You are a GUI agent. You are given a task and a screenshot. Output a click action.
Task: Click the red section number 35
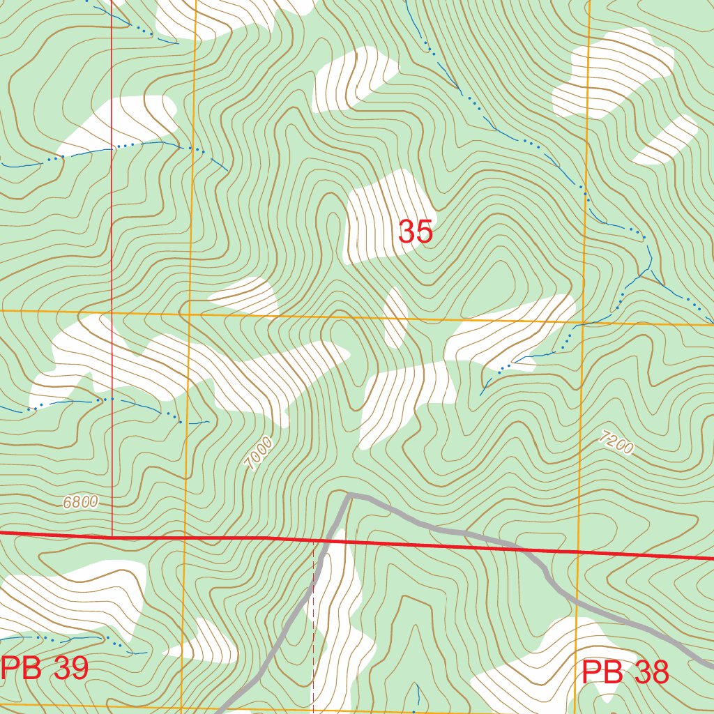coord(416,231)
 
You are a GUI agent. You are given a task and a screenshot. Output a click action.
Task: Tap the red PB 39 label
coord(45,669)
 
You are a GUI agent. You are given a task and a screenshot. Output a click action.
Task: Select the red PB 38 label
coord(625,673)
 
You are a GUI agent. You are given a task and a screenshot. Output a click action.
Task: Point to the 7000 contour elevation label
coord(259,454)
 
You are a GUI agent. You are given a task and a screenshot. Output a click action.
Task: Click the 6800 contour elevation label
coord(80,502)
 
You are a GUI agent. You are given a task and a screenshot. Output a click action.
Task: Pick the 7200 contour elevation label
coord(616,443)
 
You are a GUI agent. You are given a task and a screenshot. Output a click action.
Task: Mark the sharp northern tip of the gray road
coord(348,494)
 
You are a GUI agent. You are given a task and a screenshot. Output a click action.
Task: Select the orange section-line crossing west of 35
coord(190,314)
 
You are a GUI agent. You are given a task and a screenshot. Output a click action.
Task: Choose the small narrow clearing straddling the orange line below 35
coord(395,318)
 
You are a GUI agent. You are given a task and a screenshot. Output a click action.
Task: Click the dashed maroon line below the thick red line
coord(313,628)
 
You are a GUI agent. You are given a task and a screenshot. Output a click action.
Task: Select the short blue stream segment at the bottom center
coord(417,694)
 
